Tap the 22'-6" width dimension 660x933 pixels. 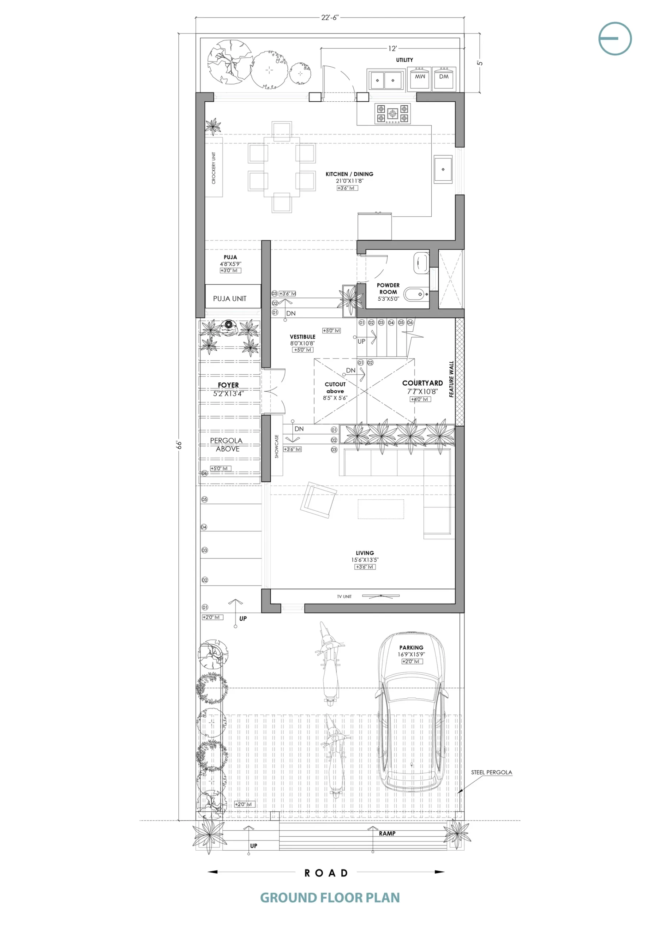click(330, 17)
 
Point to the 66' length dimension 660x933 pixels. click(179, 444)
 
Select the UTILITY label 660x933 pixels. click(405, 60)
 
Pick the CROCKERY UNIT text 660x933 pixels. click(214, 168)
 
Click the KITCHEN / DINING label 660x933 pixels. click(349, 174)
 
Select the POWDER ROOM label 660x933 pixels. click(388, 289)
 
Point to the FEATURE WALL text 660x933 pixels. click(451, 379)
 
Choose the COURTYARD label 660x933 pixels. click(423, 383)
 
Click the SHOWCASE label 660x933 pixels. click(277, 446)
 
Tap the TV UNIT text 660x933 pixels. click(344, 597)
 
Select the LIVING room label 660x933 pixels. click(365, 553)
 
